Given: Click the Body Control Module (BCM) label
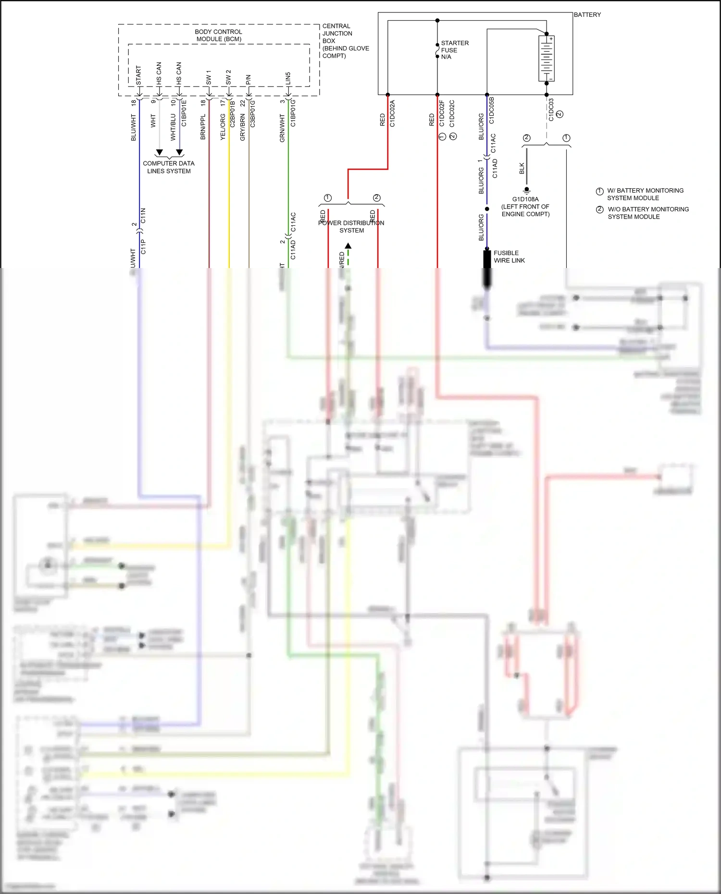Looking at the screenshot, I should click(219, 35).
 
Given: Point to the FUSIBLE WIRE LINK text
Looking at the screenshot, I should click(509, 257).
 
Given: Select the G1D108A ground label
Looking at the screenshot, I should click(525, 199).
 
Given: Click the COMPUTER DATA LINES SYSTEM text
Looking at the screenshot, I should click(169, 167).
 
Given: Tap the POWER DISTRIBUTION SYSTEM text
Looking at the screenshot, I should click(351, 226).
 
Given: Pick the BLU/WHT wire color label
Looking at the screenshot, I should click(134, 127).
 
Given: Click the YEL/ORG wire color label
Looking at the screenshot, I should click(223, 127).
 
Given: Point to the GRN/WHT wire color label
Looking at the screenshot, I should click(282, 128).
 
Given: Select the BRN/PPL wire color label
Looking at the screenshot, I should click(203, 127).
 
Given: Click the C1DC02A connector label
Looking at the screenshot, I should click(392, 113).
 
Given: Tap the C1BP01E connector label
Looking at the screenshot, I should click(184, 113).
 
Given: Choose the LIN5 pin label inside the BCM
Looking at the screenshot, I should click(288, 78).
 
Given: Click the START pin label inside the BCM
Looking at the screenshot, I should click(139, 75).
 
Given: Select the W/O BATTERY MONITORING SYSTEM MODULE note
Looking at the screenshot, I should click(647, 213).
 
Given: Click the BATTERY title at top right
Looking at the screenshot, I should click(587, 15).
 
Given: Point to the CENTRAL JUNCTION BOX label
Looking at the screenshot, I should click(337, 34).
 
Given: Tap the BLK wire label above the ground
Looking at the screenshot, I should click(522, 168).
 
